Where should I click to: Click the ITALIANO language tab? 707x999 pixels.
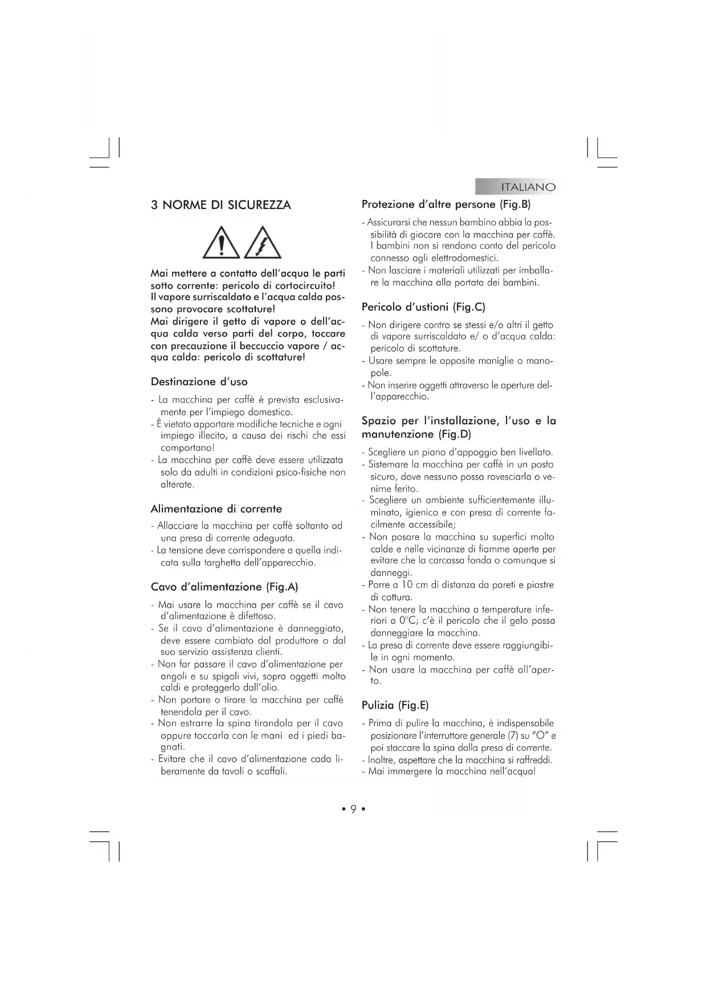[x=528, y=187]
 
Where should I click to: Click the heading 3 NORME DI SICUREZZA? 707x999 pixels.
[x=220, y=205]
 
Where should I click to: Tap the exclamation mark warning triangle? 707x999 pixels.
[x=222, y=243]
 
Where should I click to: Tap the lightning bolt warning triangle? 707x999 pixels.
[x=263, y=243]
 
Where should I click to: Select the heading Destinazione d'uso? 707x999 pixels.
[x=199, y=382]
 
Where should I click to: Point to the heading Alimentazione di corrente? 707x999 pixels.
[x=216, y=509]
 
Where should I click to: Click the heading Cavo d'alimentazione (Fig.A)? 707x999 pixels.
[x=224, y=587]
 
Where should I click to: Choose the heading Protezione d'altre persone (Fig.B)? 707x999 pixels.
[x=446, y=204]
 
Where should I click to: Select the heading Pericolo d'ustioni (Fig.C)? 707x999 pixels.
[x=423, y=307]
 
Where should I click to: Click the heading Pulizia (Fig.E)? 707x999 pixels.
[x=395, y=705]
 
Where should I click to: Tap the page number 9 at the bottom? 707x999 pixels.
[x=353, y=809]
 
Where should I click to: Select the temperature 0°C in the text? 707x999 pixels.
[x=407, y=621]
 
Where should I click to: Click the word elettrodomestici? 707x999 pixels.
[x=467, y=258]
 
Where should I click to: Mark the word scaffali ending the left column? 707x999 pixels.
[x=271, y=771]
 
